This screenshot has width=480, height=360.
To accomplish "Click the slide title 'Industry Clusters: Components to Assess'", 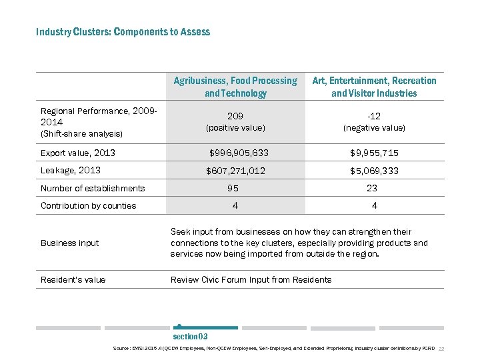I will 123,32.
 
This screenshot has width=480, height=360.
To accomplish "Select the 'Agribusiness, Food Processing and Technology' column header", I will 235,87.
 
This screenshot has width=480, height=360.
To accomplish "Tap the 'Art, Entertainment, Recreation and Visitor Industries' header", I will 374,87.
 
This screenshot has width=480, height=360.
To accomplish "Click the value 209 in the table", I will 235,115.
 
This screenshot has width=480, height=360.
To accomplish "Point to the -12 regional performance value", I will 374,116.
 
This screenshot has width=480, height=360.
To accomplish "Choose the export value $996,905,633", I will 235,153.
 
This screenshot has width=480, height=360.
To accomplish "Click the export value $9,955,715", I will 374,153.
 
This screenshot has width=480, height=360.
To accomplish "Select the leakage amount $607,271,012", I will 235,171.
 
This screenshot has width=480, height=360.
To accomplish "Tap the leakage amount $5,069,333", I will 374,171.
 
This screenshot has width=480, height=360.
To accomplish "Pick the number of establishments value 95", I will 233,188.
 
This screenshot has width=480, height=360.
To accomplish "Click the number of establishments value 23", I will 372,188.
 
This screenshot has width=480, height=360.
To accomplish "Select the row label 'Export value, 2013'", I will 78,153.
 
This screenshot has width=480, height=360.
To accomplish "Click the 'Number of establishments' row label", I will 93,188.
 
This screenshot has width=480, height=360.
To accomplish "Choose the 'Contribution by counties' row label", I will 88,205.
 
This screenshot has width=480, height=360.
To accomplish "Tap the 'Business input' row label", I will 69,243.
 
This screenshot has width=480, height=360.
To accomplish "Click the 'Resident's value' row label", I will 73,279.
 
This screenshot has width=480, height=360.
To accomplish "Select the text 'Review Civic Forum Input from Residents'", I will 251,279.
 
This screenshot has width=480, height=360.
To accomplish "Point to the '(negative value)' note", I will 374,127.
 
